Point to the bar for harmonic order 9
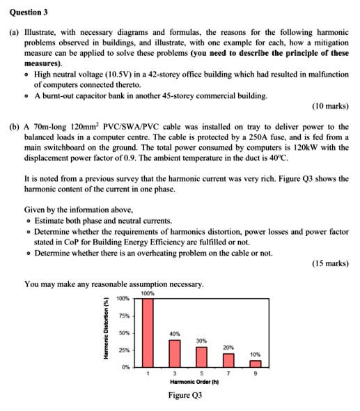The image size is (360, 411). (256, 363)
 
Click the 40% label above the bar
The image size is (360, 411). (175, 334)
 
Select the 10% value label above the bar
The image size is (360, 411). (256, 354)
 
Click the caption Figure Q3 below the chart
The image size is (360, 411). (185, 395)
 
